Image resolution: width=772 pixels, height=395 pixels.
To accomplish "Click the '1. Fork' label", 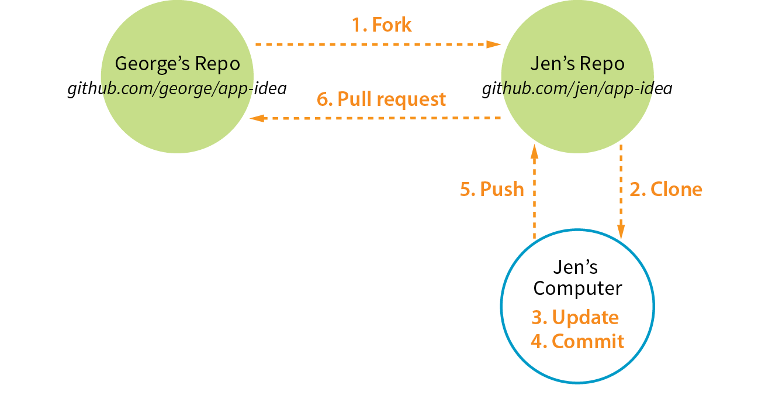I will (381, 25).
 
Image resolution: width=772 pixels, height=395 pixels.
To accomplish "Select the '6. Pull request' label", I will (381, 99).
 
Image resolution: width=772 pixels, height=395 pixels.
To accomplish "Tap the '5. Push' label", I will (492, 189).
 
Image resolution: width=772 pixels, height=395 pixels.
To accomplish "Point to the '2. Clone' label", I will (666, 189).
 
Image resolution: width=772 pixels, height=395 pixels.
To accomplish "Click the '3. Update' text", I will (575, 317).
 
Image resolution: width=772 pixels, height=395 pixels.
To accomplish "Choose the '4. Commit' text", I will (577, 341).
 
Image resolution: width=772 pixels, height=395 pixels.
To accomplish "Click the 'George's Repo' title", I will (177, 64).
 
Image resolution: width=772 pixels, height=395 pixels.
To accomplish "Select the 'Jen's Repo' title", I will (577, 64).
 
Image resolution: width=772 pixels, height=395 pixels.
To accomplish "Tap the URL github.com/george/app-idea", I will (177, 89).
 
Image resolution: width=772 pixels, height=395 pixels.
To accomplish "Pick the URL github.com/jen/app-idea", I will (577, 89).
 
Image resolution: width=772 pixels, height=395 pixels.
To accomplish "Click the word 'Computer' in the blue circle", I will (577, 288).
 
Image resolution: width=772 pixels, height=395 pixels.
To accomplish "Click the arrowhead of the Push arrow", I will (534, 152).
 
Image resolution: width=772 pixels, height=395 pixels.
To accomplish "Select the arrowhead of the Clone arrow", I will (621, 232).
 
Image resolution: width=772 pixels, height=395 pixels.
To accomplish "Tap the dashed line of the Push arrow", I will (534, 199).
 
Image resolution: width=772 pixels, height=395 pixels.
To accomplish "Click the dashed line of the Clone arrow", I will (621, 181).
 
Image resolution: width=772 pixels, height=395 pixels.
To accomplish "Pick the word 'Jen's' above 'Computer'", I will (576, 267).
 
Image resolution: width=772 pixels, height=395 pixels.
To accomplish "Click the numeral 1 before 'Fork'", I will (356, 25).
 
